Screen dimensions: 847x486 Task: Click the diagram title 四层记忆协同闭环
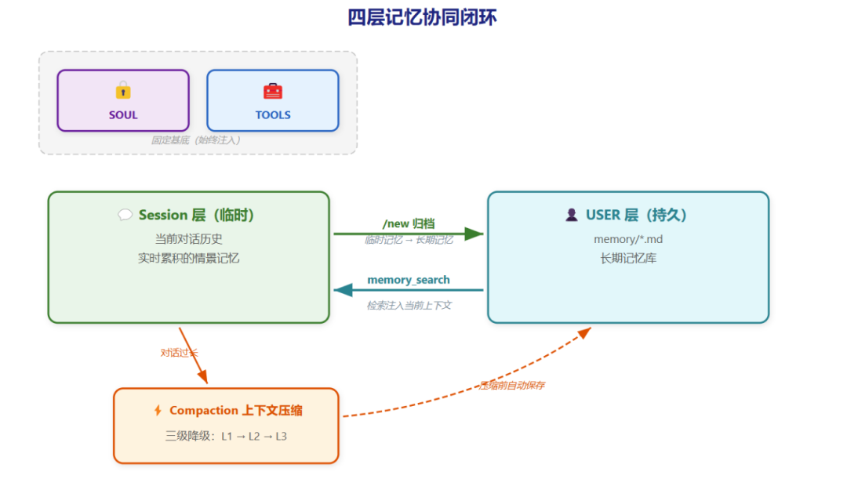click(422, 17)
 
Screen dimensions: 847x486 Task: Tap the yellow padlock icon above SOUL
click(123, 90)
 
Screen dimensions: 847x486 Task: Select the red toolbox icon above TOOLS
click(273, 91)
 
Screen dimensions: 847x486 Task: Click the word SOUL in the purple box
click(123, 115)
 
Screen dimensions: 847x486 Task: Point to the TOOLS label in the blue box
click(273, 115)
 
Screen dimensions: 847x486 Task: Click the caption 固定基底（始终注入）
click(195, 140)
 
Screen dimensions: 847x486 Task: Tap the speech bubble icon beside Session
click(125, 215)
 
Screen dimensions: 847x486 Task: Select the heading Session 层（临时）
click(196, 215)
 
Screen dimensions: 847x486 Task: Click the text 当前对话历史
click(188, 238)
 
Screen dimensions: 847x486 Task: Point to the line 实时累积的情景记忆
click(188, 258)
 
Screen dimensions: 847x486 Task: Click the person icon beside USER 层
click(571, 215)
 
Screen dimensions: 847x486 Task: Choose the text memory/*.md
click(628, 238)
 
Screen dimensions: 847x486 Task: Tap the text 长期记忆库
click(628, 258)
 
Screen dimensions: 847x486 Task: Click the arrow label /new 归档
click(409, 223)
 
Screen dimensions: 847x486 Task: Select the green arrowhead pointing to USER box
click(474, 234)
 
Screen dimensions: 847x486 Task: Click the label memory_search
click(409, 280)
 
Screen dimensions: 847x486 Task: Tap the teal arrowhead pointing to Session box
click(344, 291)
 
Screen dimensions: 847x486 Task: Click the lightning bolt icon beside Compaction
click(158, 411)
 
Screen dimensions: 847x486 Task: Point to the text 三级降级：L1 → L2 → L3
click(226, 436)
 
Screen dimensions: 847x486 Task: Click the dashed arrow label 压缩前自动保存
click(512, 385)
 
